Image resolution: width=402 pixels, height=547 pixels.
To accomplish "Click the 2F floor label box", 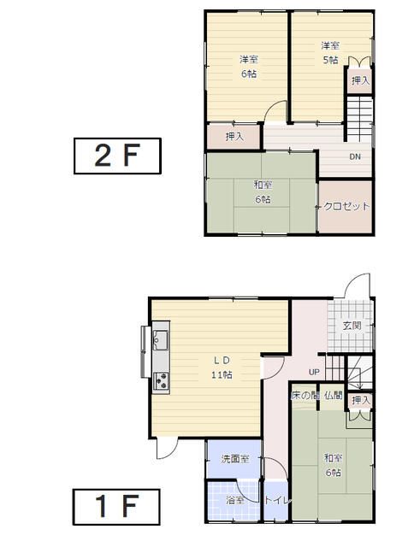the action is point(117,156).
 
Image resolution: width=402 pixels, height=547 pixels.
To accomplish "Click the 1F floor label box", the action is point(116,507).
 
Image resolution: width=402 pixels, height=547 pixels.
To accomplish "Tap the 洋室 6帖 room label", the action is point(249,67).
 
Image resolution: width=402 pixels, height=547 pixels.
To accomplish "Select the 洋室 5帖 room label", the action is point(330,53).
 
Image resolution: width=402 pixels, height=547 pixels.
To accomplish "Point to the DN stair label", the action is point(355,156).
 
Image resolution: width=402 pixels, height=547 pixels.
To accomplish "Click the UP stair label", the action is point(314,372).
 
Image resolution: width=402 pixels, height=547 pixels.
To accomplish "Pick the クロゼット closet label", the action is point(346,206).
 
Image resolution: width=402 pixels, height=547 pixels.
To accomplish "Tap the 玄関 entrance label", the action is point(352,326).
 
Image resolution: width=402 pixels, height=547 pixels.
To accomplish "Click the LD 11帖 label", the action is point(222,368).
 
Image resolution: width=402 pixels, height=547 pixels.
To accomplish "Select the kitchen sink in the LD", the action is point(161,340).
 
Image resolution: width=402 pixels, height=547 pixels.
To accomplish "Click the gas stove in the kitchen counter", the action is point(161,381).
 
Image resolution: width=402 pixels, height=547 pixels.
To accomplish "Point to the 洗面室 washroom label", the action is point(235,459).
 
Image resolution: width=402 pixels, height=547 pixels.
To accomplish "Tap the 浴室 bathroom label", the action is point(235,500).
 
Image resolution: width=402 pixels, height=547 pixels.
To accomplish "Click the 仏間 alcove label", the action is point(334,396).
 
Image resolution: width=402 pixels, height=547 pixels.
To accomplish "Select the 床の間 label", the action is point(305,396).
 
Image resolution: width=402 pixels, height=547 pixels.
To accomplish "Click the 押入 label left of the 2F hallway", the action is point(234,137).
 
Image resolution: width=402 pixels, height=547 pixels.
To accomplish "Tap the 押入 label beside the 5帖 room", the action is point(360,80).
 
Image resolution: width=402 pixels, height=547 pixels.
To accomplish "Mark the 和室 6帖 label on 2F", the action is point(263,192).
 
